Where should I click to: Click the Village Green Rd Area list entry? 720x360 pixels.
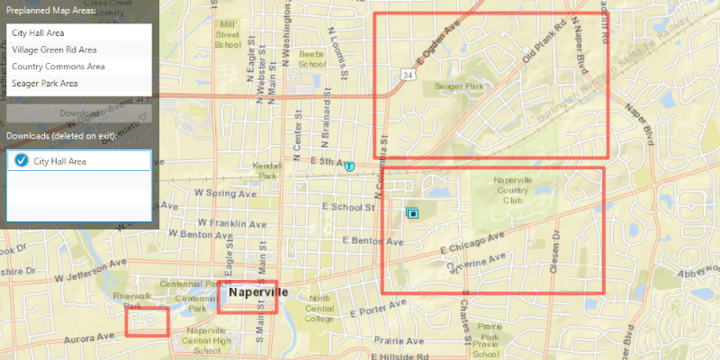tap(55, 49)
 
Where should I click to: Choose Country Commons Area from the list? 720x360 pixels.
tap(58, 67)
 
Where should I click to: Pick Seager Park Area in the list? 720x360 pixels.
tap(45, 83)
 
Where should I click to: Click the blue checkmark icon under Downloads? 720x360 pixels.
tap(22, 161)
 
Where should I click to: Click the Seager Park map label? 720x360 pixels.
tap(459, 86)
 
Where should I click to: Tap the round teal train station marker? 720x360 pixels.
tap(349, 166)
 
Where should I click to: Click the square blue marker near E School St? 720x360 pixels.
tap(413, 213)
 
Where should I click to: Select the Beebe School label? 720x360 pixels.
tap(311, 59)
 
